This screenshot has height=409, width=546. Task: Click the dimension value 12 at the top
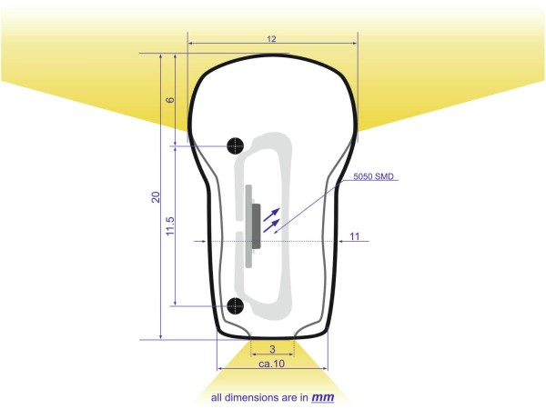[x=271, y=39]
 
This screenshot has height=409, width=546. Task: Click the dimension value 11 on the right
[x=354, y=236]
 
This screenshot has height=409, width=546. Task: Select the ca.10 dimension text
[x=272, y=364]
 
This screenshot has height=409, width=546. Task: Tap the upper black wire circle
[x=236, y=145]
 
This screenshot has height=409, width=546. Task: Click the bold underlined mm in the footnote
[x=323, y=397]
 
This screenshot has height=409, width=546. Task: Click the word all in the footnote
[x=217, y=398]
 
